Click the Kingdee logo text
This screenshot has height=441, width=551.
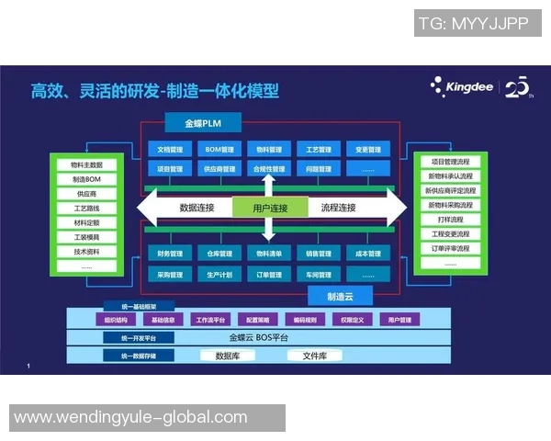click(469, 88)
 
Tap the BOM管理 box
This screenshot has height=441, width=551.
click(219, 149)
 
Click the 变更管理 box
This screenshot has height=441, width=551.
click(367, 149)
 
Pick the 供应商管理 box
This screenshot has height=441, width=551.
click(219, 169)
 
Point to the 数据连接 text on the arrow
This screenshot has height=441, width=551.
click(197, 209)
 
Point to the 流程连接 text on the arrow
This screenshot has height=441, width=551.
click(338, 209)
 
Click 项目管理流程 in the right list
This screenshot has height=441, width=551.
click(450, 161)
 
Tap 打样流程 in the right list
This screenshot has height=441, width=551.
click(450, 220)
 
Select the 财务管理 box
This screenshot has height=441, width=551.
click(170, 253)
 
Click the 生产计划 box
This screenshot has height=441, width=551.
click(219, 274)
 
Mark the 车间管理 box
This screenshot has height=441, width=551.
click(319, 274)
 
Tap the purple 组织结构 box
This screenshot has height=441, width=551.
click(116, 320)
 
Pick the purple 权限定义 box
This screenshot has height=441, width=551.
click(353, 320)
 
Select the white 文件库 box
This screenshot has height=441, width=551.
click(315, 355)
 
